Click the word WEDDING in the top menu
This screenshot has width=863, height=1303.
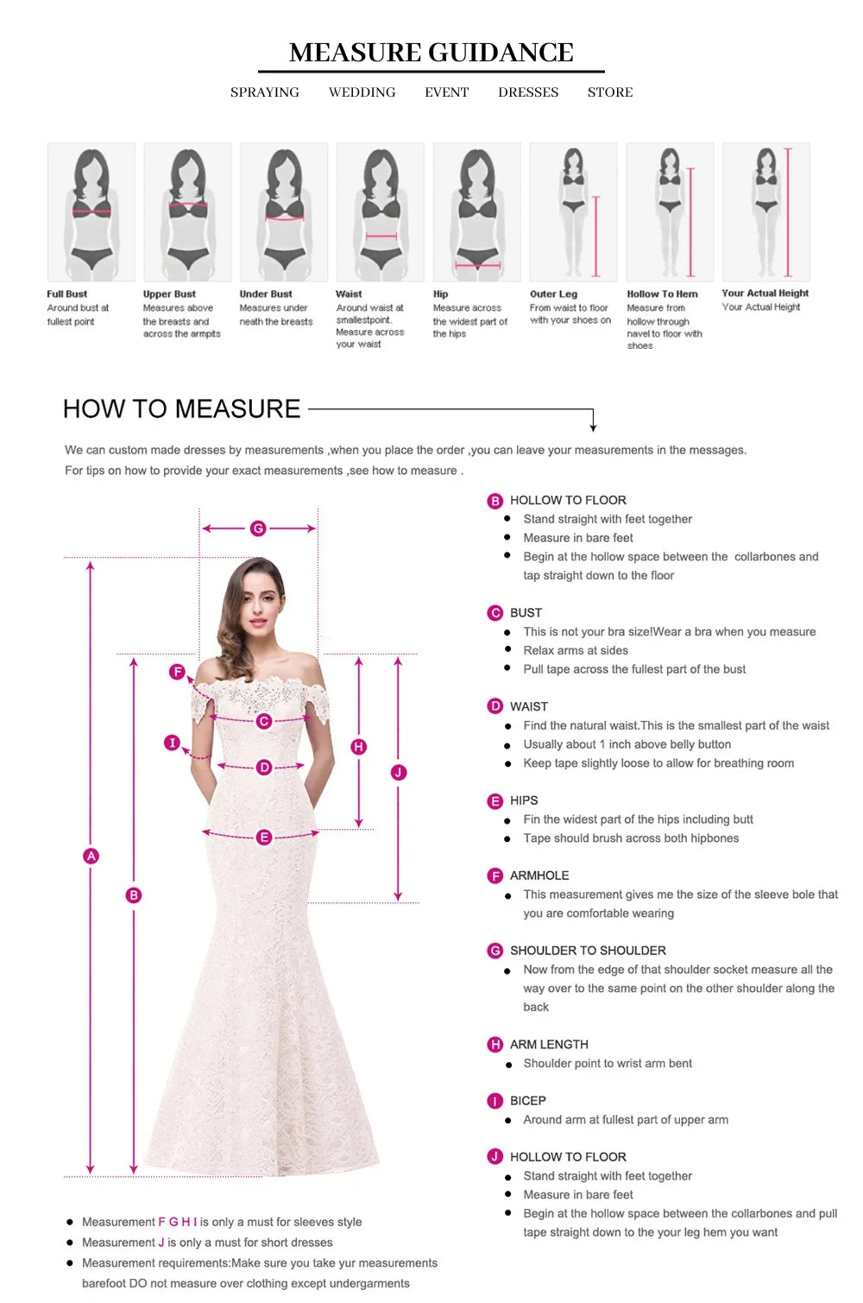point(362,92)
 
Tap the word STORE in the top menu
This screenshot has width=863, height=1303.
point(610,92)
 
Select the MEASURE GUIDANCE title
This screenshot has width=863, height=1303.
point(431,53)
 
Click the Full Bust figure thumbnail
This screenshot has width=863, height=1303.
point(91,212)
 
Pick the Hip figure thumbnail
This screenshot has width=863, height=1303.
point(477,212)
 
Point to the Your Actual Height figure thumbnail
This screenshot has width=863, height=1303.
point(765,212)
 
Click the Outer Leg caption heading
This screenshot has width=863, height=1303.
point(553,294)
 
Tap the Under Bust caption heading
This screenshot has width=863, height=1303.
point(266,294)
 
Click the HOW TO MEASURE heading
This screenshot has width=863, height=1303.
point(181,409)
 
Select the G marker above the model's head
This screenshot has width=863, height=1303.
point(258,528)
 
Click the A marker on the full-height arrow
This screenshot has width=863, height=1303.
point(91,856)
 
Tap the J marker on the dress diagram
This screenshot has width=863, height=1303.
point(399,773)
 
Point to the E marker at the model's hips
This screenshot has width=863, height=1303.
point(264,837)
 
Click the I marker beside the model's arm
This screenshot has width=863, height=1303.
point(172,743)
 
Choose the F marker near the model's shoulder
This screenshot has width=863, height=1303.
point(178,672)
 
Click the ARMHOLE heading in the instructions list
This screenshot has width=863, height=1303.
point(539,876)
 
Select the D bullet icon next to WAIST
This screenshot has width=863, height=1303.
point(494,706)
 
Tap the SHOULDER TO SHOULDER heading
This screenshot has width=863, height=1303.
point(588,951)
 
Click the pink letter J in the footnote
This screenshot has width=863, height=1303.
point(161,1243)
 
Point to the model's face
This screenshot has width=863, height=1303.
point(261,605)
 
